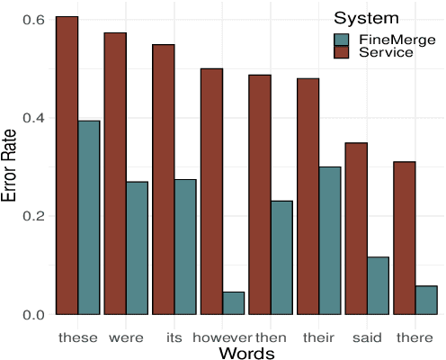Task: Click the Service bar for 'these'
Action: point(67,166)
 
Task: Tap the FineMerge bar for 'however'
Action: point(233,303)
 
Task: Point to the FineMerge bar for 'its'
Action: point(185,247)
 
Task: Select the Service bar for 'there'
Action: point(404,238)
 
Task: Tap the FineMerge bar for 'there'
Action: point(425,300)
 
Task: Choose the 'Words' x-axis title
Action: point(246,352)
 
